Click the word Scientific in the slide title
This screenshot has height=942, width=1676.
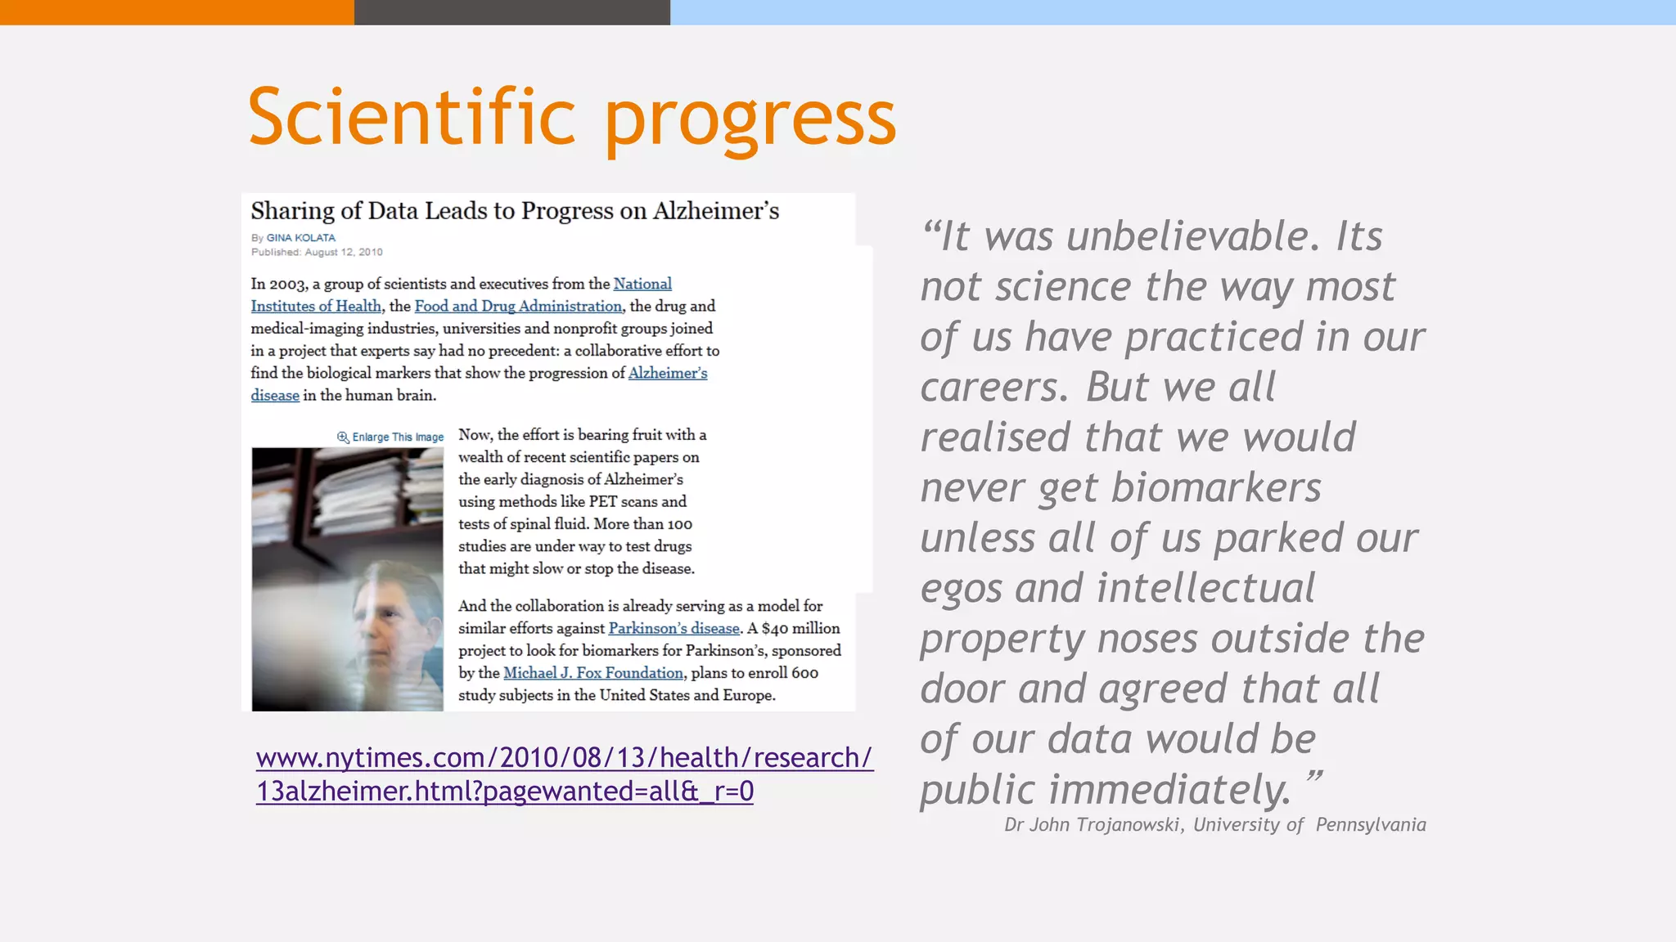point(412,118)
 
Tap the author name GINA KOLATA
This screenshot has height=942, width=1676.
point(300,238)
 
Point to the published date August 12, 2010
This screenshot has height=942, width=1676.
point(344,252)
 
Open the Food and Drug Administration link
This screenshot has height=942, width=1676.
point(518,306)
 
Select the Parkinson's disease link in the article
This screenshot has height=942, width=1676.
point(674,628)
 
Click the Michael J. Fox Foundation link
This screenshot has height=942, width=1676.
point(592,672)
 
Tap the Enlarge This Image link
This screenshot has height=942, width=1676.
point(398,437)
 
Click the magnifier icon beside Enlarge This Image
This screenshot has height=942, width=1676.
point(343,437)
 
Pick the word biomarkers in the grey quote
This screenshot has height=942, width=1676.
point(1216,488)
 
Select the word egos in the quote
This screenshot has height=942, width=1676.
point(961,589)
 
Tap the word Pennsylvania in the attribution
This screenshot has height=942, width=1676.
point(1371,824)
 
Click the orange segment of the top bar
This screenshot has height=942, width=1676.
point(177,12)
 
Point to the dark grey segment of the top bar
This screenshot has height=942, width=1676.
point(512,12)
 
